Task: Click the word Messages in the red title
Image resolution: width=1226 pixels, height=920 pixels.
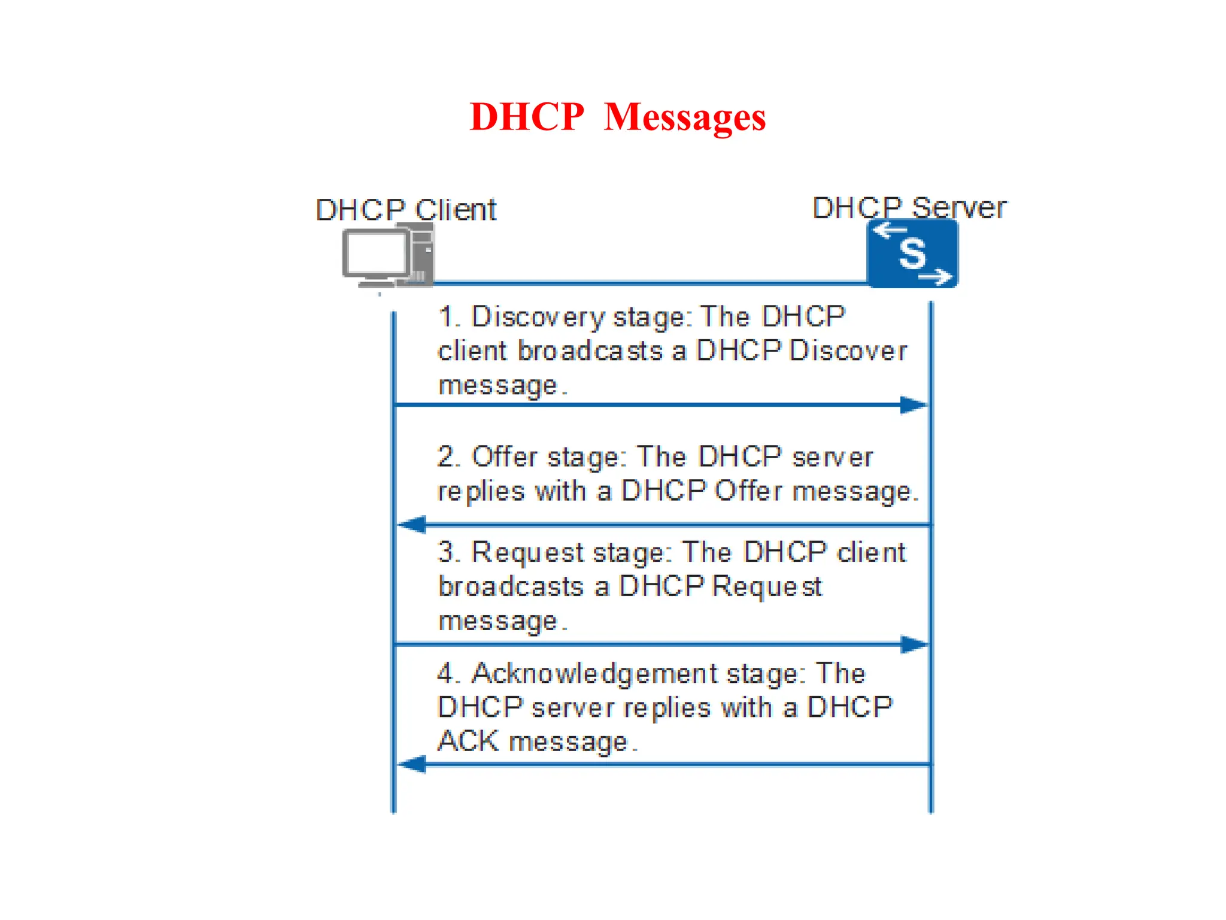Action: pos(685,117)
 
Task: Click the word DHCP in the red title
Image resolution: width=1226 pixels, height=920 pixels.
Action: pos(527,117)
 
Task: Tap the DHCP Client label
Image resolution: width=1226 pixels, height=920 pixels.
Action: pos(406,210)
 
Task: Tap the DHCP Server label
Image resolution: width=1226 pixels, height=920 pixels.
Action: pos(909,208)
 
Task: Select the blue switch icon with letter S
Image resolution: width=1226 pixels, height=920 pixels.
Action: pos(912,253)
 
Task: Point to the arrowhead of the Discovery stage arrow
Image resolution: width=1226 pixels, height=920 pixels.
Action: pos(914,405)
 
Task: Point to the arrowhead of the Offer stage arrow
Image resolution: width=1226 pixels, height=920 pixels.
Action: pos(412,525)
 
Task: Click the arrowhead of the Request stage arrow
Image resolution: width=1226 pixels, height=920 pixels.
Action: pos(914,644)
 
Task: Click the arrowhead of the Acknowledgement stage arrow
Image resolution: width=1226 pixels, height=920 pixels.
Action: pos(412,764)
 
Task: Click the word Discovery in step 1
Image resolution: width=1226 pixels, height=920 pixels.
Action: pos(538,317)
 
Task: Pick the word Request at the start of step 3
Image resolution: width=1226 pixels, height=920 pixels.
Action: pos(527,552)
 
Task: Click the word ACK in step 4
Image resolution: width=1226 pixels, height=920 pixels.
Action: pos(468,742)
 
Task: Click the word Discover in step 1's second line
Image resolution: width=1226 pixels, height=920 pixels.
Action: pos(848,351)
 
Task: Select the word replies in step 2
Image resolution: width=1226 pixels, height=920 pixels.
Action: pos(481,492)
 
